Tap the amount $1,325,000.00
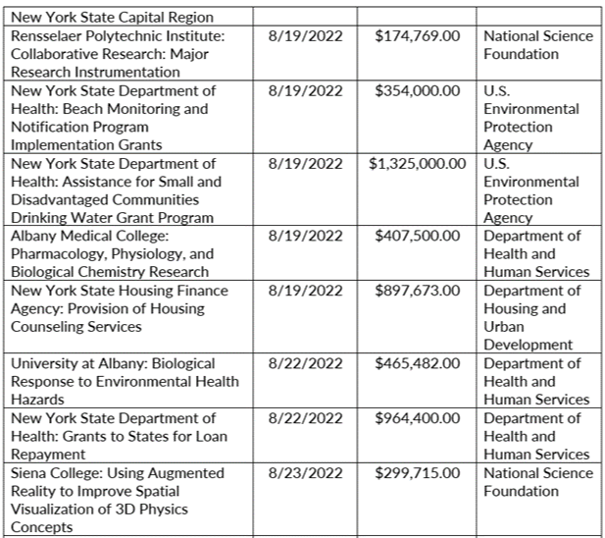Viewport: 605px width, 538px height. (417, 164)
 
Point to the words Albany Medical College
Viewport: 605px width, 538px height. (89, 237)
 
